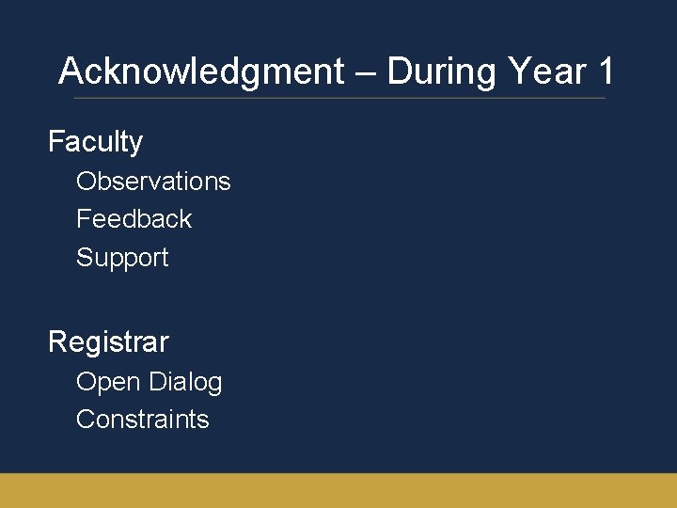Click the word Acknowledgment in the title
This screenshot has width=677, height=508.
pyautogui.click(x=201, y=71)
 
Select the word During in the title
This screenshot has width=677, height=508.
pyautogui.click(x=442, y=71)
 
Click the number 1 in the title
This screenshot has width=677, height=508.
pyautogui.click(x=606, y=71)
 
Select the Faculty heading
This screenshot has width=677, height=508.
pyautogui.click(x=95, y=142)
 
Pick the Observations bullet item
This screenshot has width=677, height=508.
pyautogui.click(x=153, y=181)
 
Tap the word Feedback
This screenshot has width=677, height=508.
pyautogui.click(x=134, y=219)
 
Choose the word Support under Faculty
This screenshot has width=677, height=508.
pyautogui.click(x=122, y=258)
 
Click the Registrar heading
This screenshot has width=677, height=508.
pyautogui.click(x=108, y=341)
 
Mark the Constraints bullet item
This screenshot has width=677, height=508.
pyautogui.click(x=142, y=420)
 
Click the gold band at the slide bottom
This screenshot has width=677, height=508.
pyautogui.click(x=338, y=490)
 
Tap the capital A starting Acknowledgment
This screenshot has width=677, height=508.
pyautogui.click(x=70, y=71)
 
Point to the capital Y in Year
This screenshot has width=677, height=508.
pyautogui.click(x=517, y=71)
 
